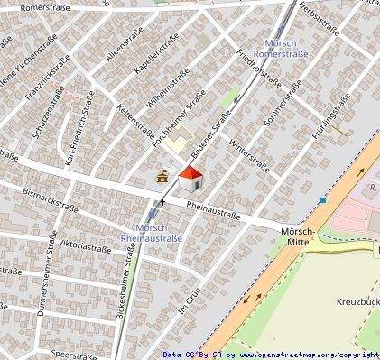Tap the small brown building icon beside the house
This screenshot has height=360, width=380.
[x=163, y=176]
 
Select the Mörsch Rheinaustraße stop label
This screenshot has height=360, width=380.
[x=152, y=233]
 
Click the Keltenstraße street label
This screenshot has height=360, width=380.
[x=135, y=123]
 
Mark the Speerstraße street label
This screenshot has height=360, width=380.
[x=74, y=355]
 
